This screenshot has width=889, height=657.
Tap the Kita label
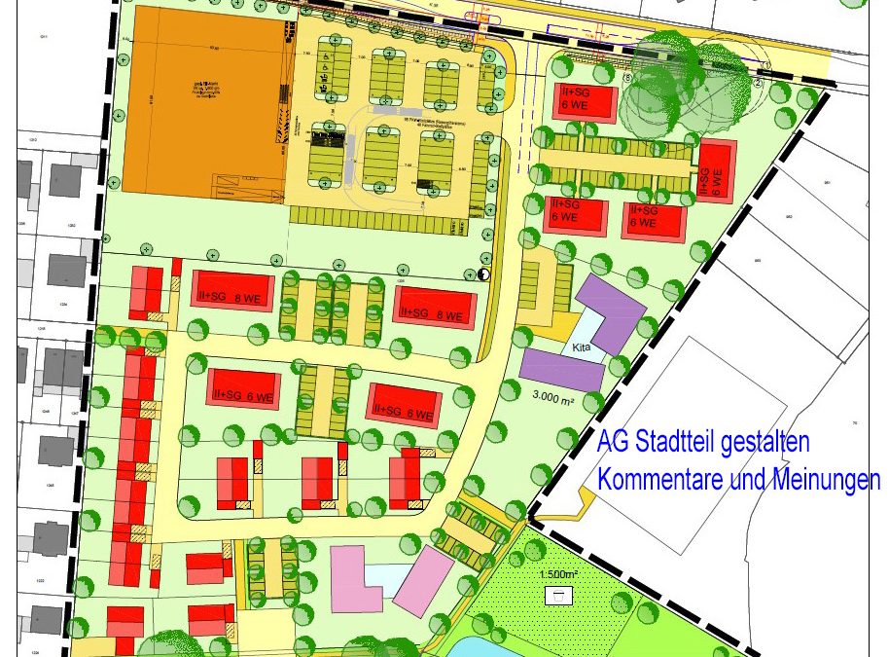[581, 347]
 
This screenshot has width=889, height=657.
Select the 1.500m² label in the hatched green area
[558, 574]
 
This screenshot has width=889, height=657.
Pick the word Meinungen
[825, 480]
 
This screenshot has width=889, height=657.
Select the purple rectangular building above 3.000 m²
[562, 369]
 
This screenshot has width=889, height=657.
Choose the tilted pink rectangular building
[424, 580]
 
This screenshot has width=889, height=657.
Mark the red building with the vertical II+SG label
[718, 172]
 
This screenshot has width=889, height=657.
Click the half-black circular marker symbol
[484, 274]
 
